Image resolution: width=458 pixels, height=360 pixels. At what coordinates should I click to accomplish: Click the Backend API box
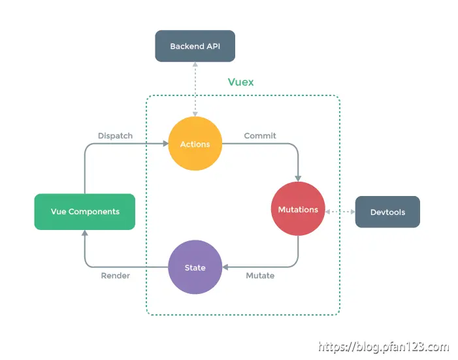pyautogui.click(x=194, y=46)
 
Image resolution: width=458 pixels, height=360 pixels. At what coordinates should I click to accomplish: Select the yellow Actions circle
pyautogui.click(x=195, y=144)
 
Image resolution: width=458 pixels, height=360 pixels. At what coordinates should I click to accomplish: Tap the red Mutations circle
pyautogui.click(x=298, y=209)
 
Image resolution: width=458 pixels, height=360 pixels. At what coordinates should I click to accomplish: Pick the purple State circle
pyautogui.click(x=195, y=267)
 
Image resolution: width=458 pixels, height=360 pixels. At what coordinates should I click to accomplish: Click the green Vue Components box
pyautogui.click(x=85, y=212)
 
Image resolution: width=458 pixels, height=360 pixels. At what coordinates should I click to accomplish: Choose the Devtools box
pyautogui.click(x=387, y=212)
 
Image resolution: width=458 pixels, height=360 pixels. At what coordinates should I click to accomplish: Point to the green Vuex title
pyautogui.click(x=240, y=82)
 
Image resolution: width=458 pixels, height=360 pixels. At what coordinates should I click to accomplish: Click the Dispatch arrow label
pyautogui.click(x=115, y=136)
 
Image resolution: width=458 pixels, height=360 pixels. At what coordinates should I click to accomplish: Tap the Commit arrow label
pyautogui.click(x=260, y=136)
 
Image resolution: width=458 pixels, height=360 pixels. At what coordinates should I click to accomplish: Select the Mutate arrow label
pyautogui.click(x=260, y=276)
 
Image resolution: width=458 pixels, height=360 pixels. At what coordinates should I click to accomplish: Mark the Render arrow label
pyautogui.click(x=115, y=276)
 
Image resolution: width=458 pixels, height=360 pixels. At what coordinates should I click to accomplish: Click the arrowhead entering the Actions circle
pyautogui.click(x=164, y=144)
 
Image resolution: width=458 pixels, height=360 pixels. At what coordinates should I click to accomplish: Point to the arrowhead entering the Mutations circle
pyautogui.click(x=299, y=178)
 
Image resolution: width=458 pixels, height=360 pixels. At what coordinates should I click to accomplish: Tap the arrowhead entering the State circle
pyautogui.click(x=225, y=267)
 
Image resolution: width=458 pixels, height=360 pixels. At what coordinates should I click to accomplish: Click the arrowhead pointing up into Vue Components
pyautogui.click(x=85, y=233)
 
